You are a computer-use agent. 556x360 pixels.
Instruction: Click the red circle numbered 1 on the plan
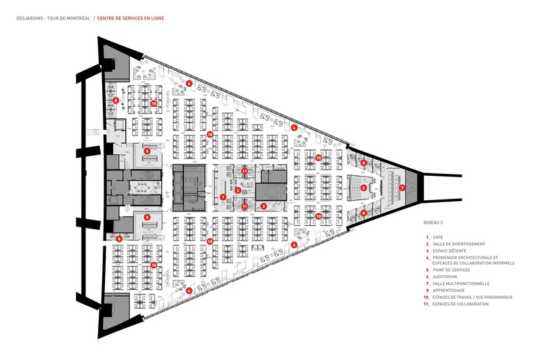(x=223, y=197)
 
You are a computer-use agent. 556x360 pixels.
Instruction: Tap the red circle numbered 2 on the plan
(x=238, y=190)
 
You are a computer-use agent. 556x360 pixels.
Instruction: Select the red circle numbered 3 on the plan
(x=263, y=206)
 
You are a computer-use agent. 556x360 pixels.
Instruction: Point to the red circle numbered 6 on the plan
(x=363, y=188)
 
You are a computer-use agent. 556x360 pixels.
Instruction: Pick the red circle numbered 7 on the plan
(x=402, y=188)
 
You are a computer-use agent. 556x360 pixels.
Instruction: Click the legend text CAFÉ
(x=438, y=237)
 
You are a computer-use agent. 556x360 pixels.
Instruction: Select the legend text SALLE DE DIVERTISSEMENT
(x=459, y=244)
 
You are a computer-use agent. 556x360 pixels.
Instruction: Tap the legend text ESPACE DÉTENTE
(x=449, y=251)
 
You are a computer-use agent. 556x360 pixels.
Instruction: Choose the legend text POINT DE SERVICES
(x=451, y=270)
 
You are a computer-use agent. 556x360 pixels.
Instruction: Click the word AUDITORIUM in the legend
(x=445, y=277)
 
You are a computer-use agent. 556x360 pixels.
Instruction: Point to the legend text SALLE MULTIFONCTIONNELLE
(x=461, y=284)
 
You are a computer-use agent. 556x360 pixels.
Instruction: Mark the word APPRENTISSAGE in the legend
(x=448, y=290)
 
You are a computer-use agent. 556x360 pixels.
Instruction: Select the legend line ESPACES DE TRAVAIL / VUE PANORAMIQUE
(x=473, y=297)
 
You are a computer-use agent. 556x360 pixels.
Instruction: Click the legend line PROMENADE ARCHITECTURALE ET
(x=465, y=258)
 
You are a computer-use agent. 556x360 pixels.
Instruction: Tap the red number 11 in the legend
(x=427, y=304)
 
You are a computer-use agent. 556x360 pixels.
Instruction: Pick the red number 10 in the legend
(x=427, y=297)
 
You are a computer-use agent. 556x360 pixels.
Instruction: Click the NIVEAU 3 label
(x=433, y=222)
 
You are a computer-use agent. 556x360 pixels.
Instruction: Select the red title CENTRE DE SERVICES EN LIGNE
(x=131, y=18)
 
